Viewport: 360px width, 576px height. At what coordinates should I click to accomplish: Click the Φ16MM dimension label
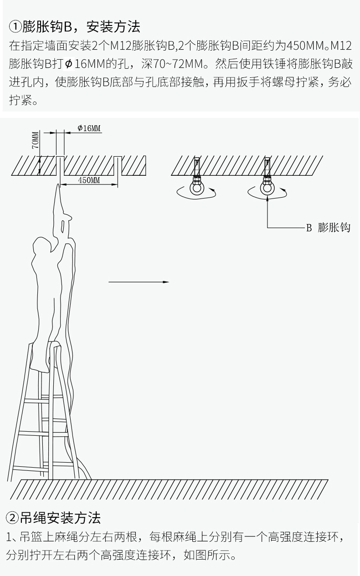pos(88,128)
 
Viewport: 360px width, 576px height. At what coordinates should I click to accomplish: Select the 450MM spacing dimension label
pos(89,180)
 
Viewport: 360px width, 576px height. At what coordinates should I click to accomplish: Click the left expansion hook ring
pos(197,188)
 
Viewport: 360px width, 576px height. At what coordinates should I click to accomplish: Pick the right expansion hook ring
pos(267,188)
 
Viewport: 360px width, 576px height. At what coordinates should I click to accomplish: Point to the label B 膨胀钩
pos(328,228)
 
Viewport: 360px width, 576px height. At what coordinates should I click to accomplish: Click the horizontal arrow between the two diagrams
pos(139,282)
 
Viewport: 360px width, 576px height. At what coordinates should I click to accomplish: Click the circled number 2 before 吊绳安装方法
pos(12,518)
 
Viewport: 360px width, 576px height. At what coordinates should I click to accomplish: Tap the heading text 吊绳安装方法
pos(60,518)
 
